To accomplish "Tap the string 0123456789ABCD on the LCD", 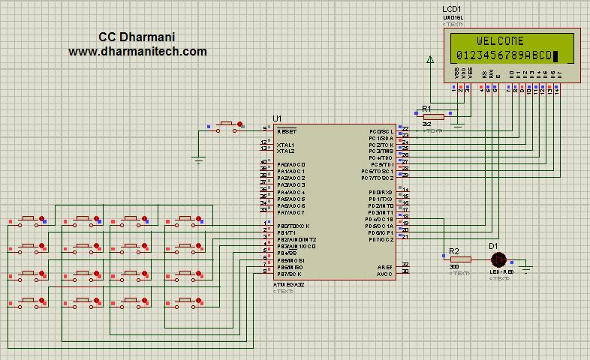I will [503, 55].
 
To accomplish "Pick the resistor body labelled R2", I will [460, 259].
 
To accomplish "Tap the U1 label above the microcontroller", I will [277, 118].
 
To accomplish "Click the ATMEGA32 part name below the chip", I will [288, 285].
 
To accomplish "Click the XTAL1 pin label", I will [285, 145].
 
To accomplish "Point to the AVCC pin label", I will [384, 273].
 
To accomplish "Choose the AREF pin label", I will [384, 266].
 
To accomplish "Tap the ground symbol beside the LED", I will [527, 265].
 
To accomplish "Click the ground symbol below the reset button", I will [199, 159].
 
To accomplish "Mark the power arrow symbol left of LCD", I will [430, 61].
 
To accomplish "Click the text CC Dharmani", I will [137, 37].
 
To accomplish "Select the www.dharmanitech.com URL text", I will [137, 52].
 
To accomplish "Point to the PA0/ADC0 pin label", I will [291, 164].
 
